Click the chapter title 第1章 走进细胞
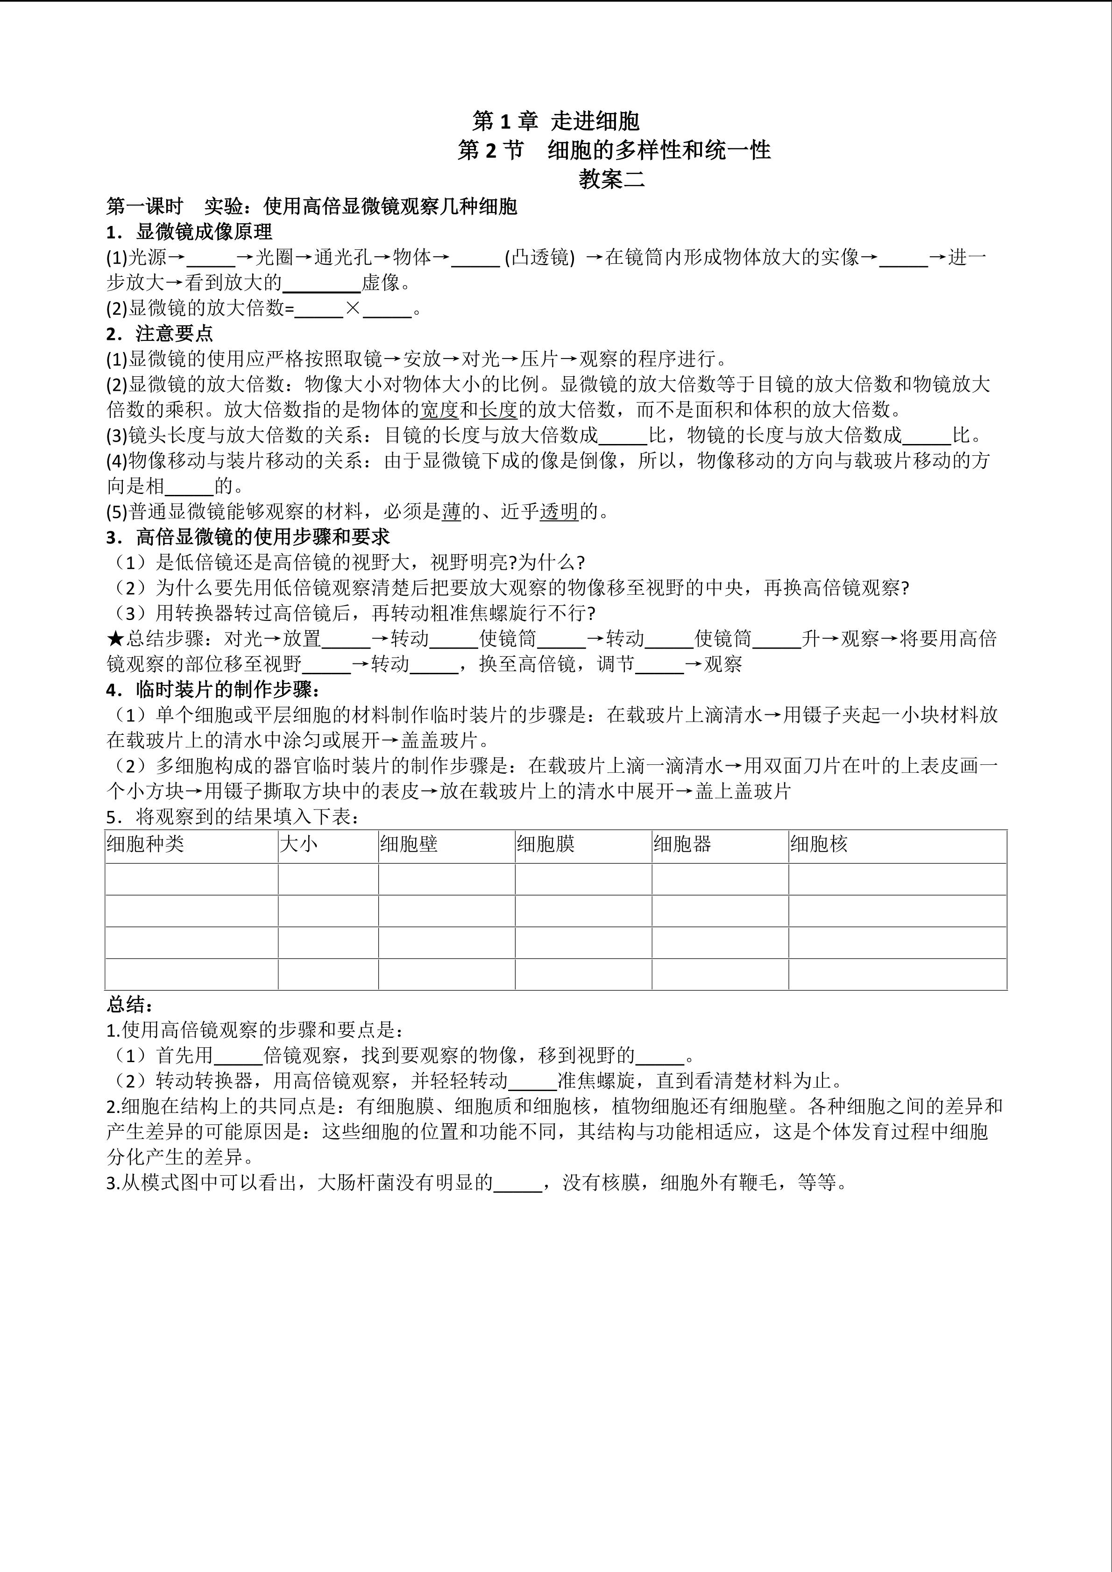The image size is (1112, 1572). pos(555,121)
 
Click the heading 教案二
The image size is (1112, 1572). pos(611,179)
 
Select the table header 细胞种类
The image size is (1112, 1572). pos(145,844)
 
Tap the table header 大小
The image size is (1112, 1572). pos(298,844)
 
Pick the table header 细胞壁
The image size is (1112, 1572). pos(409,844)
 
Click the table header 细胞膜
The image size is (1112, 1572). pos(546,844)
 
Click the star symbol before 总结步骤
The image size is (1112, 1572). pos(115,639)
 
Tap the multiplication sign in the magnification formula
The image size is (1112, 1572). pos(353,308)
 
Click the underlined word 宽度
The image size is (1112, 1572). pos(439,409)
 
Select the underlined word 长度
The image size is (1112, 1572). pos(498,409)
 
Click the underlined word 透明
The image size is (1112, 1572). pos(560,511)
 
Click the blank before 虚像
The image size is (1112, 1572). pos(322,283)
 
